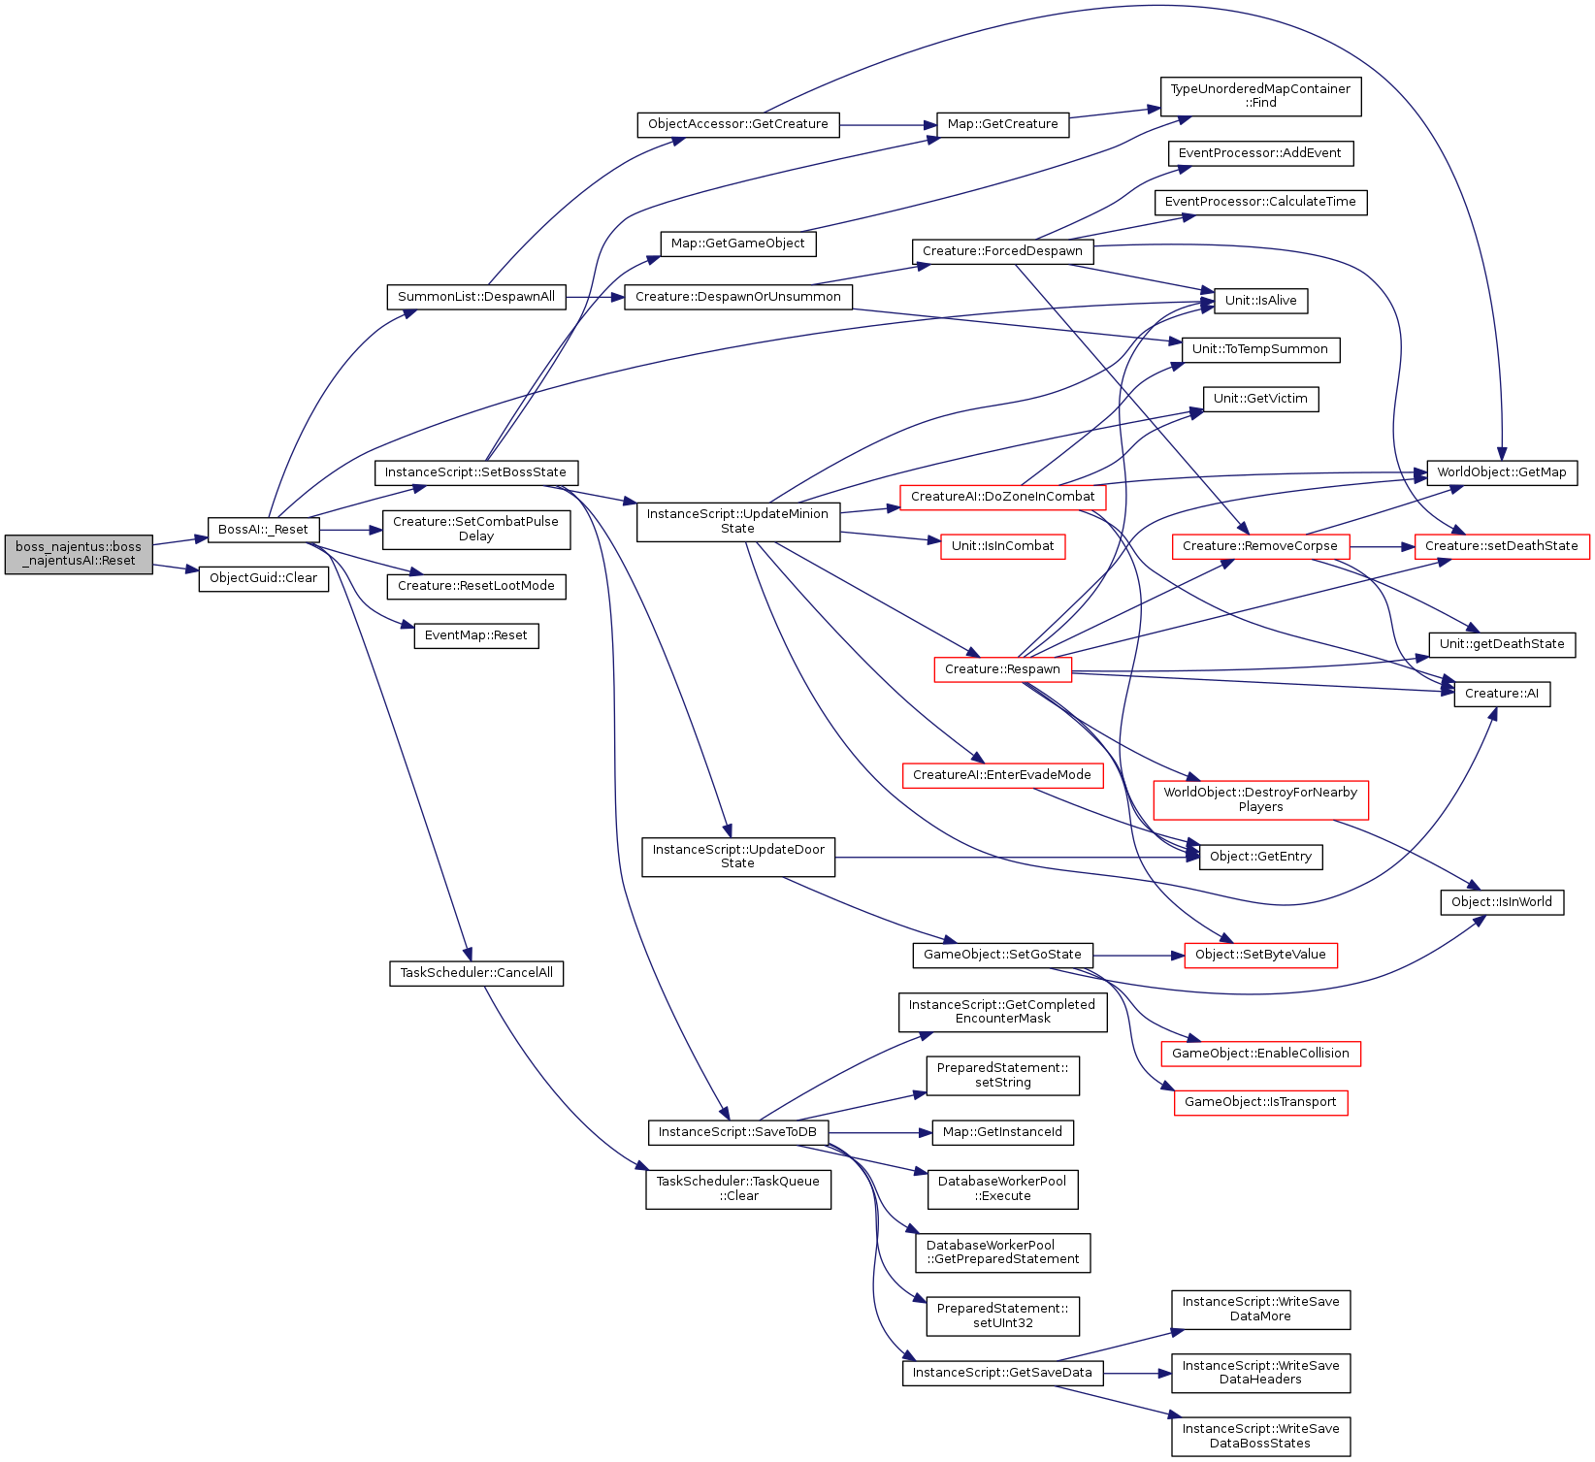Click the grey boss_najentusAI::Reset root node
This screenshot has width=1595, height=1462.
pyautogui.click(x=79, y=554)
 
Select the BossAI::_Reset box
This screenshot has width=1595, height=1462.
pyautogui.click(x=263, y=530)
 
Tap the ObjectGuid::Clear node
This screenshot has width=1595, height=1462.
pyautogui.click(x=264, y=579)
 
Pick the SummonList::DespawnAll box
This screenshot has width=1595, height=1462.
pyautogui.click(x=476, y=297)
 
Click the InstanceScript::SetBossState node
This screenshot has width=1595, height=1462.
pyautogui.click(x=475, y=472)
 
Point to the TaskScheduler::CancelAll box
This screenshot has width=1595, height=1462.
pyautogui.click(x=476, y=973)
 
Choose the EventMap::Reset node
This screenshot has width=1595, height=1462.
pyautogui.click(x=476, y=636)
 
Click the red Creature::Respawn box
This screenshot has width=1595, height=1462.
pyautogui.click(x=1003, y=669)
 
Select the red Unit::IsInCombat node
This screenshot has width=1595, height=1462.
pyautogui.click(x=1003, y=546)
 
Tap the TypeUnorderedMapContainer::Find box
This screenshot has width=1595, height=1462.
pyautogui.click(x=1260, y=96)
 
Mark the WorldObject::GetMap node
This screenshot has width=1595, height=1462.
pyautogui.click(x=1502, y=472)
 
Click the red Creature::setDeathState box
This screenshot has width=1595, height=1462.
pyautogui.click(x=1502, y=546)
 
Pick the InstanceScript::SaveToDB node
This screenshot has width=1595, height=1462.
pyautogui.click(x=737, y=1132)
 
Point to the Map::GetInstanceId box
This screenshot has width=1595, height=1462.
pyautogui.click(x=1003, y=1132)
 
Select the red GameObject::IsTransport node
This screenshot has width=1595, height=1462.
pyautogui.click(x=1260, y=1103)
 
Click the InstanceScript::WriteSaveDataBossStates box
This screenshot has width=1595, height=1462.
pyautogui.click(x=1260, y=1437)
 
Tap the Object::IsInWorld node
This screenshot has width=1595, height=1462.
pyautogui.click(x=1502, y=902)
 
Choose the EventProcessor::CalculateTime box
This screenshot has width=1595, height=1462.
pyautogui.click(x=1260, y=202)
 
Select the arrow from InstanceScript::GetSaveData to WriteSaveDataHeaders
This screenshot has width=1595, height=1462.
pyautogui.click(x=1138, y=1373)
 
